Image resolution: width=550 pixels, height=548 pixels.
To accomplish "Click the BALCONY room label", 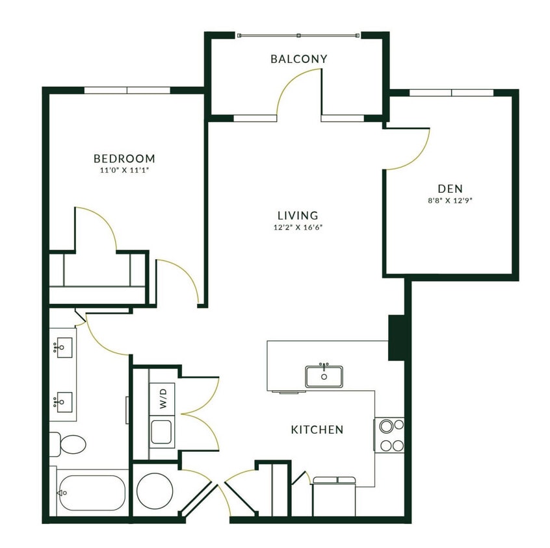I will (298, 59).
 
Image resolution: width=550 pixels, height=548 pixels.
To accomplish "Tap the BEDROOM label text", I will (124, 158).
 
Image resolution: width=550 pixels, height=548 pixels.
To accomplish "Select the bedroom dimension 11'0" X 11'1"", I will (124, 171).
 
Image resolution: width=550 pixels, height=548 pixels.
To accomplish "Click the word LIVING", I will (298, 215).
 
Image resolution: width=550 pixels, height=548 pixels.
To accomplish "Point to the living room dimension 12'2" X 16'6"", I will (298, 227).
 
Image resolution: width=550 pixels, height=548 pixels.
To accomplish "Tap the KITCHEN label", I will (317, 430).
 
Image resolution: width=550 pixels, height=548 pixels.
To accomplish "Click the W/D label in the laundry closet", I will (163, 397).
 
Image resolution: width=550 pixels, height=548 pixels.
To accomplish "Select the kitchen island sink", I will (324, 375).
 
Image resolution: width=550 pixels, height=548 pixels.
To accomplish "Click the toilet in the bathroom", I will (68, 445).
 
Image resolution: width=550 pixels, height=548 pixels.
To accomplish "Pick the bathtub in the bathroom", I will (91, 493).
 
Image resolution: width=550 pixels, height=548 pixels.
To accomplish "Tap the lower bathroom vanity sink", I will (64, 403).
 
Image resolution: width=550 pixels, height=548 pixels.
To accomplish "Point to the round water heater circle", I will (154, 490).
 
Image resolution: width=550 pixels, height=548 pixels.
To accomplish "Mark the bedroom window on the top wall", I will (127, 90).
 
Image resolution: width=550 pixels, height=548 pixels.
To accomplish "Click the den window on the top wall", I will (452, 93).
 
